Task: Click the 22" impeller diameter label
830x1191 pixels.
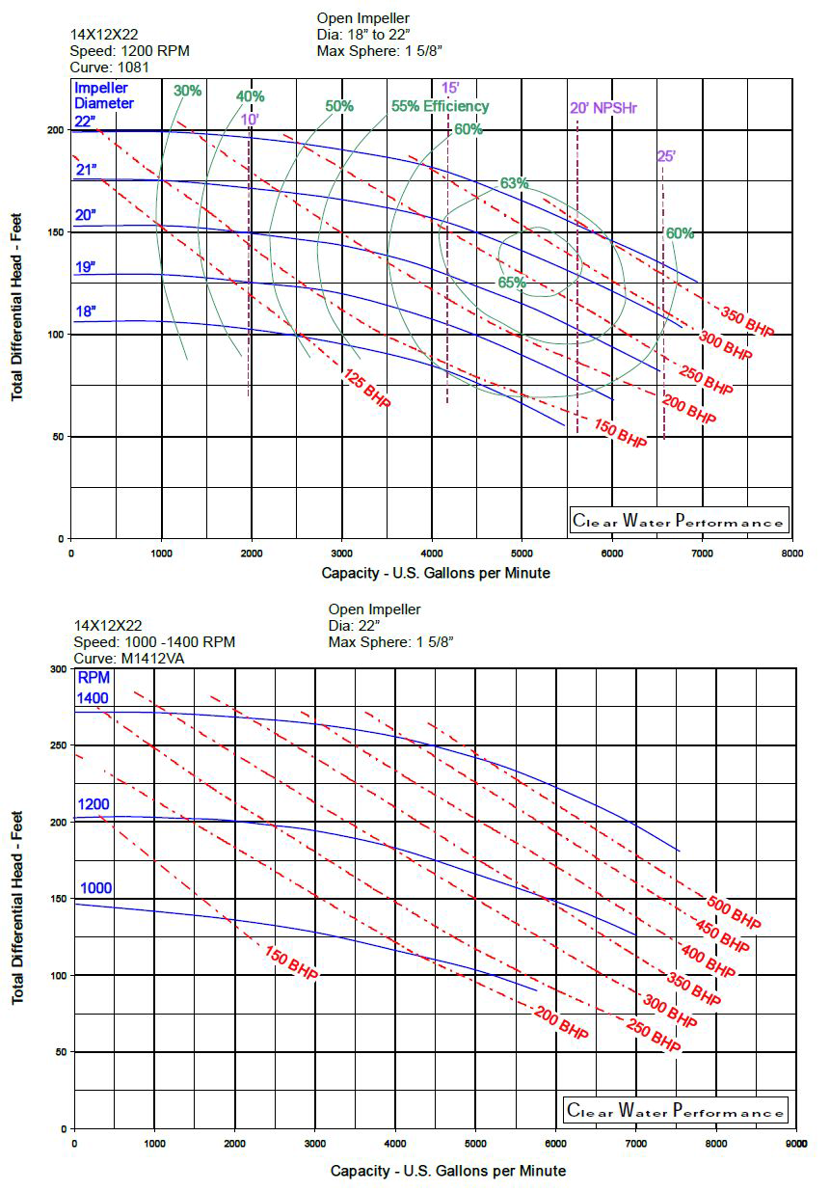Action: point(85,121)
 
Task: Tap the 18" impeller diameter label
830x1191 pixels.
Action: point(86,311)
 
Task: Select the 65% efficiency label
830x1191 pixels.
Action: point(512,283)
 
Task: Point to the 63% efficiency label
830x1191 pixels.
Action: point(515,183)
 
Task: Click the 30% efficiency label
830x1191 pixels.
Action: point(188,91)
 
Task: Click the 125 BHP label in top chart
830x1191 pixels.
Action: point(367,389)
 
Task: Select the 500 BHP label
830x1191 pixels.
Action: point(734,912)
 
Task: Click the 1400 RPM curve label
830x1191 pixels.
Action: point(94,697)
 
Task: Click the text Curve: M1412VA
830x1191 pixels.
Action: point(128,659)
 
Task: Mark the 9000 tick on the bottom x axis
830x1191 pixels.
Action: point(795,1144)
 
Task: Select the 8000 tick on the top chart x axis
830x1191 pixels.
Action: point(791,555)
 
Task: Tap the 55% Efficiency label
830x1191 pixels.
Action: point(440,106)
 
